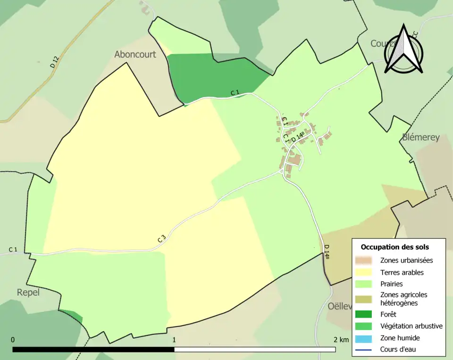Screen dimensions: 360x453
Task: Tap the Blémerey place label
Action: pyautogui.click(x=421, y=137)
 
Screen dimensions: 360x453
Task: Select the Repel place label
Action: pyautogui.click(x=28, y=292)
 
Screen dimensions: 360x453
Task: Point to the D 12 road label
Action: pyautogui.click(x=54, y=62)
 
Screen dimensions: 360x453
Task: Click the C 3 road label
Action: pyautogui.click(x=161, y=239)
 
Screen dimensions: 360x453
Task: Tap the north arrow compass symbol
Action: pyautogui.click(x=403, y=49)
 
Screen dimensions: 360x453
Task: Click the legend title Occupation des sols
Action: pyautogui.click(x=395, y=247)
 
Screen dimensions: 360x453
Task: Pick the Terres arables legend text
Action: pyautogui.click(x=402, y=272)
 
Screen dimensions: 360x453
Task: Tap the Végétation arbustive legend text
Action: pyautogui.click(x=411, y=326)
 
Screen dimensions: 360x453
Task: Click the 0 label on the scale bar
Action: pyautogui.click(x=13, y=340)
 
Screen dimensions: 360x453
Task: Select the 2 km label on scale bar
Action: pyautogui.click(x=341, y=340)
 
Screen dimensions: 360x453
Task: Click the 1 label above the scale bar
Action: pyautogui.click(x=174, y=340)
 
